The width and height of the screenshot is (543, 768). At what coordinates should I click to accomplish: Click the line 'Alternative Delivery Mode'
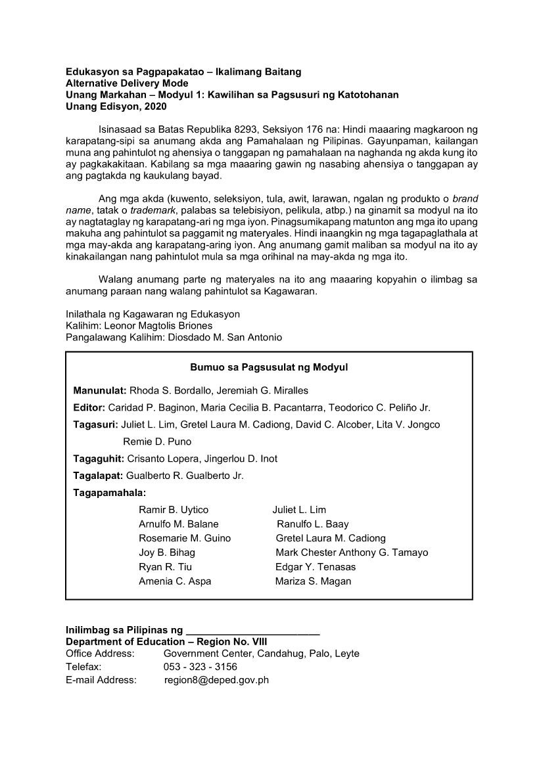[127, 83]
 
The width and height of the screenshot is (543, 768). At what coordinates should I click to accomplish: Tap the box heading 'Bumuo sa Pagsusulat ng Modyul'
[269, 367]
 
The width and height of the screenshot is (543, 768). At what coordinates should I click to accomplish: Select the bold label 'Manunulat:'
[100, 391]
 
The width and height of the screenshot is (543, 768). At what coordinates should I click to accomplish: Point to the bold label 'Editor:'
[89, 408]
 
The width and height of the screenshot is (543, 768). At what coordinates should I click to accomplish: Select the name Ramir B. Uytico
[174, 510]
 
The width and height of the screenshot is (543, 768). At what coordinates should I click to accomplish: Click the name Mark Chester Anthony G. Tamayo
[352, 553]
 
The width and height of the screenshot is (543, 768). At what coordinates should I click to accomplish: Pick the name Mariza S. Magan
[313, 581]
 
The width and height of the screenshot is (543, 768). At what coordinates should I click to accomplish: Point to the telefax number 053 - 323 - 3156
[201, 667]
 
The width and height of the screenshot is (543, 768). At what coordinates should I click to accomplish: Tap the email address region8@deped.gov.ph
[216, 681]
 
